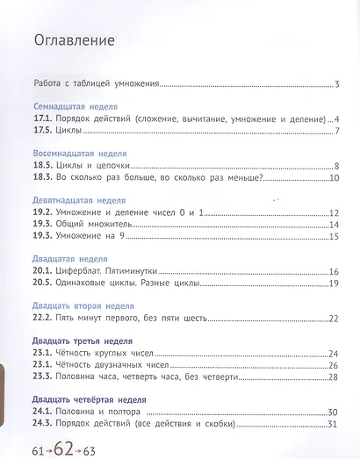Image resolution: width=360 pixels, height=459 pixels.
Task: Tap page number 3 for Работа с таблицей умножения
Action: pos(336,85)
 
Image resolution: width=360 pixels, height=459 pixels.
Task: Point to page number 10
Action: pos(334,179)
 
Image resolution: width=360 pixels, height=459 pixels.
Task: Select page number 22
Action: pos(333,319)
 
